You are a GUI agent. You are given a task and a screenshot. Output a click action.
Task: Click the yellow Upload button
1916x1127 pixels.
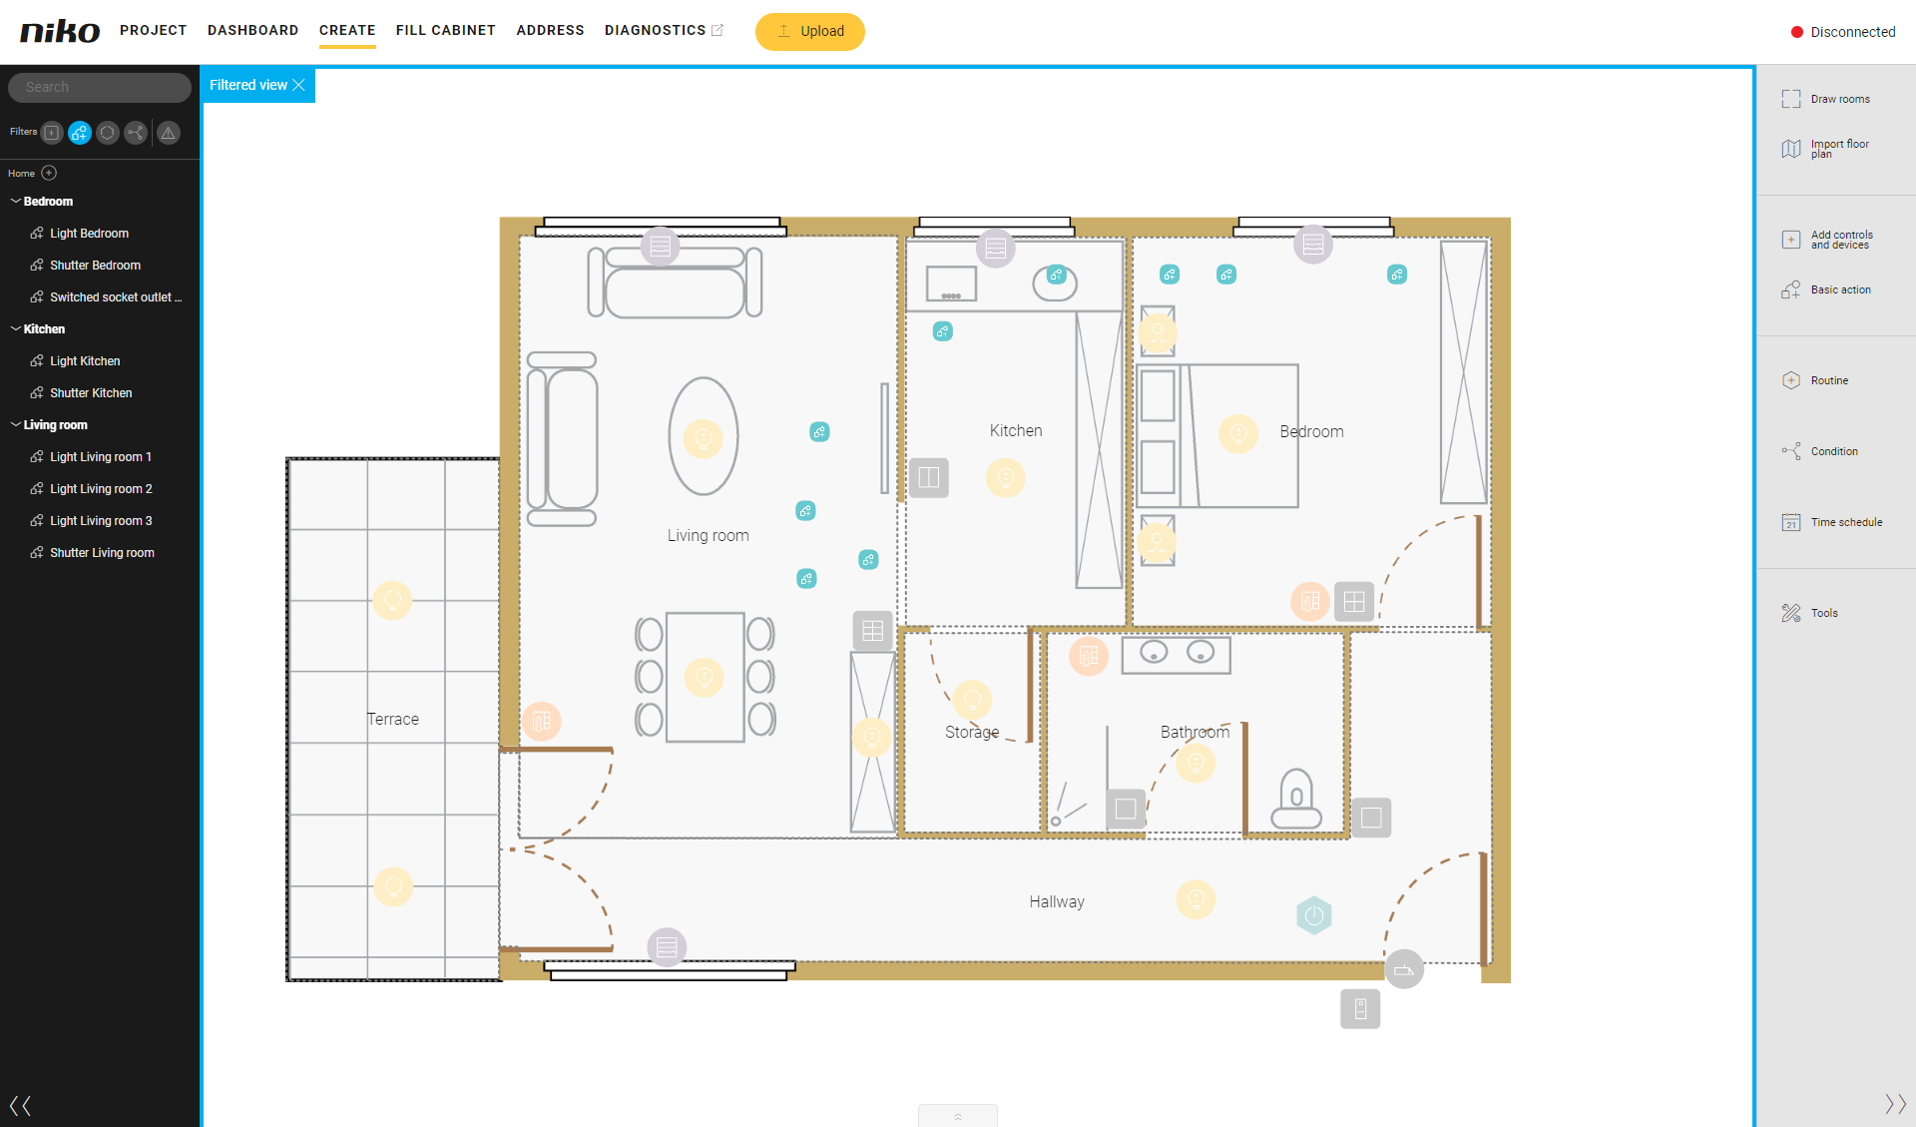(x=809, y=31)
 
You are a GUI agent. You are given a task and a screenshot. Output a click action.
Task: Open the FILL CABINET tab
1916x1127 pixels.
(x=445, y=30)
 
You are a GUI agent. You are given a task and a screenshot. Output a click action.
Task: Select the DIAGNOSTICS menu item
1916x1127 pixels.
(x=655, y=30)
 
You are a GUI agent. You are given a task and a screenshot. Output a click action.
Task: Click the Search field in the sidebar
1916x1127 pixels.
(x=100, y=87)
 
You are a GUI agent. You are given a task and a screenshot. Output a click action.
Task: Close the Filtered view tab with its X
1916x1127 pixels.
(x=298, y=85)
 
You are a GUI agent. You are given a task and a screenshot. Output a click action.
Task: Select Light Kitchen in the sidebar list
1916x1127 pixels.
(x=85, y=361)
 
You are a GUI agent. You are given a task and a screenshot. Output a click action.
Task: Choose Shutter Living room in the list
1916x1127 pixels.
(x=102, y=553)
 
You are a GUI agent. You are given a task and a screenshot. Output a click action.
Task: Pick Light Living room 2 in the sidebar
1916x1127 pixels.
(x=101, y=489)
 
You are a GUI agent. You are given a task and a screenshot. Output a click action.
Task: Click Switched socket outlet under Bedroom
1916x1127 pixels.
(x=116, y=297)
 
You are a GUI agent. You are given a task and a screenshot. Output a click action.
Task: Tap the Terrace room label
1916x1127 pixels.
(x=393, y=719)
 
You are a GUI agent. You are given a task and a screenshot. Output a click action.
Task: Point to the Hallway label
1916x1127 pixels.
(x=1057, y=901)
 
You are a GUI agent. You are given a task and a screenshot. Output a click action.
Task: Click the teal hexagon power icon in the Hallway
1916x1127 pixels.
(x=1314, y=915)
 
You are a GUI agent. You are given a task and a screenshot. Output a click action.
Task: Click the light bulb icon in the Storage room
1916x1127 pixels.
(x=972, y=700)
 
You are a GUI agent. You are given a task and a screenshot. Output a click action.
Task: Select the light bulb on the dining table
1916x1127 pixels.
(x=704, y=677)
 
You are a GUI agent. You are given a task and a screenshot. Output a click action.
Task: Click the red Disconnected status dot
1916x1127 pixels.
(x=1797, y=32)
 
